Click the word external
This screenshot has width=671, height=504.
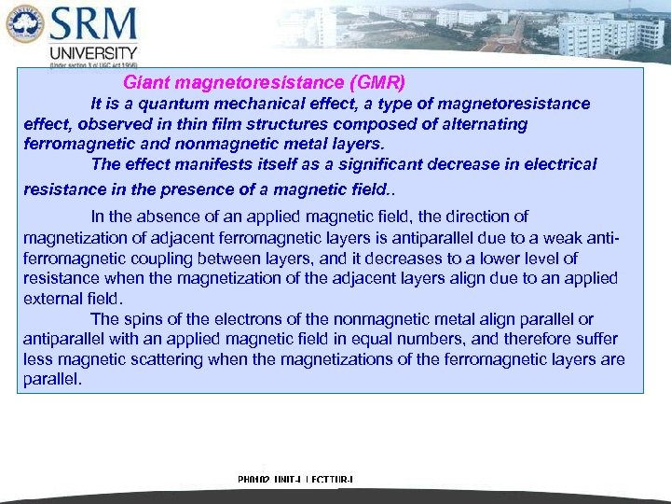[50, 299]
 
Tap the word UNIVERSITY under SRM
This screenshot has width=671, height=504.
[94, 53]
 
